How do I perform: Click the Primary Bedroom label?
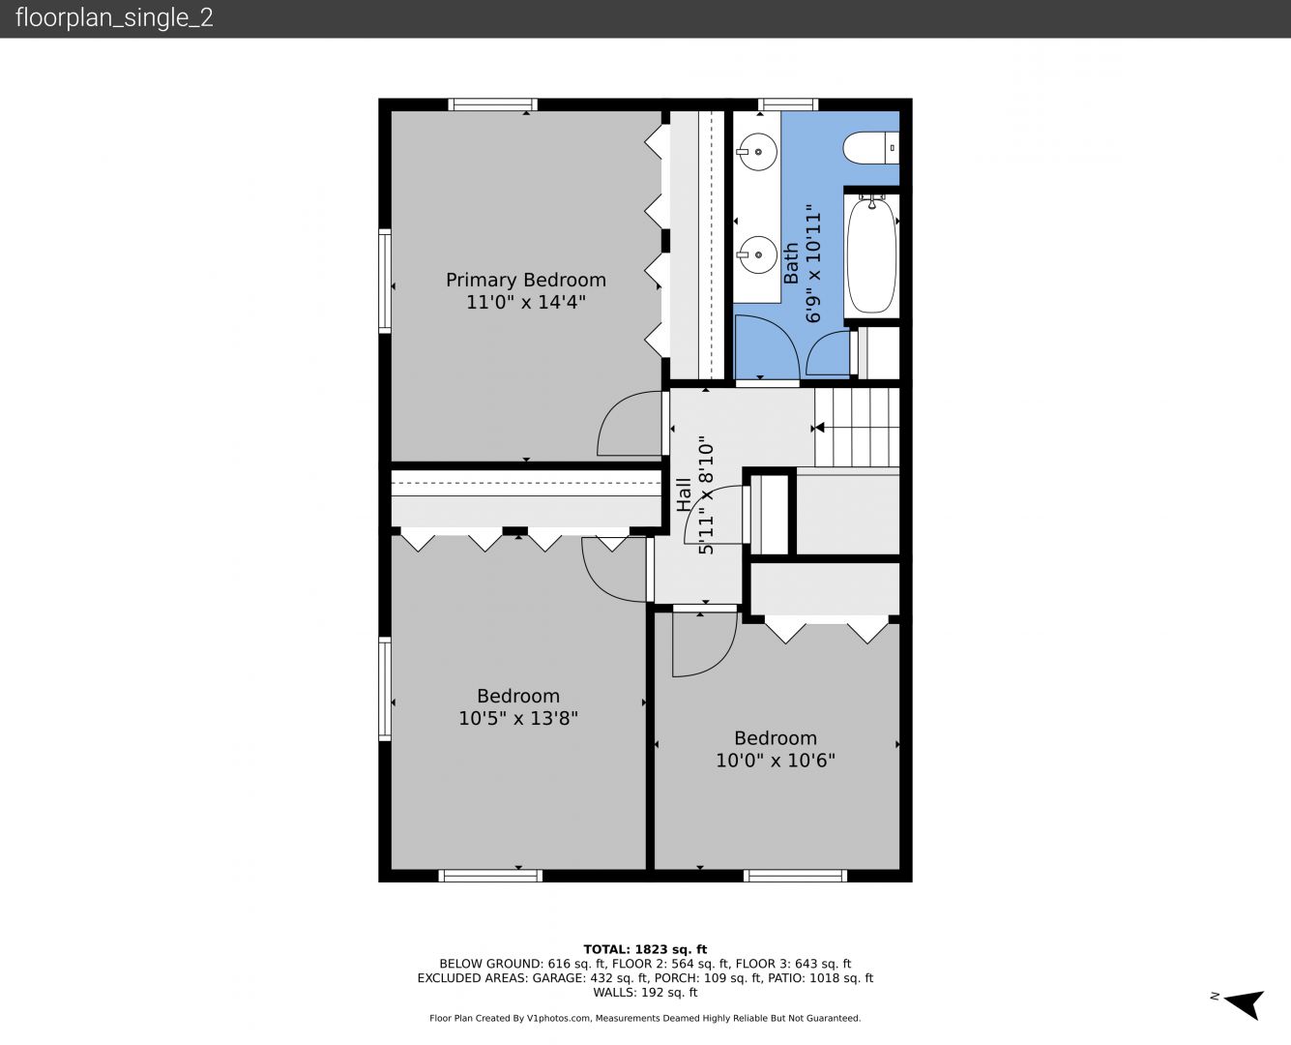pos(525,280)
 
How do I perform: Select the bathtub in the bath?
pos(871,254)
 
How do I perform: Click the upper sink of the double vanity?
pos(756,152)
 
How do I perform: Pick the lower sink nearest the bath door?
pos(756,254)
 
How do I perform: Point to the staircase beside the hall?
pos(857,427)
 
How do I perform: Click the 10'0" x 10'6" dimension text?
pos(776,761)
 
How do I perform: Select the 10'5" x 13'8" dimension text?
pos(518,719)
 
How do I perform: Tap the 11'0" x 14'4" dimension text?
pos(525,302)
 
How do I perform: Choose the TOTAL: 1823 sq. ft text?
pos(645,949)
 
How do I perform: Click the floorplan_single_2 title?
pos(114,18)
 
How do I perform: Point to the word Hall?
pos(684,494)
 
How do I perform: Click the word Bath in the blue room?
pos(791,263)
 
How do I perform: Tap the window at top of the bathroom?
pos(788,104)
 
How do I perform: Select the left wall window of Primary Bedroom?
pos(384,281)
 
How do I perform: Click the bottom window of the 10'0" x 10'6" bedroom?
pos(795,876)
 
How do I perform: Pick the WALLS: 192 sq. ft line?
pos(645,993)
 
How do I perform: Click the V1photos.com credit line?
pos(645,1018)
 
